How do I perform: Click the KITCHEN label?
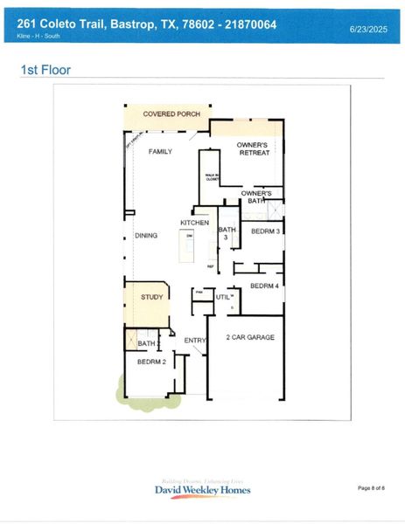click(194, 223)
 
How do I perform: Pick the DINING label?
click(145, 235)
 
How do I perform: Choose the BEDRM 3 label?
click(265, 231)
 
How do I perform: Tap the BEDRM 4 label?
click(264, 286)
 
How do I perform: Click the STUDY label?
click(152, 297)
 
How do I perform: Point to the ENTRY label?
click(194, 340)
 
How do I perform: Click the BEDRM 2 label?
click(151, 360)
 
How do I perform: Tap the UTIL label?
click(223, 298)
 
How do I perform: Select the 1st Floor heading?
click(45, 70)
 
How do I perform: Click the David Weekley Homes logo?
click(203, 488)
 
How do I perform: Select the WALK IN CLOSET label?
click(211, 176)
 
